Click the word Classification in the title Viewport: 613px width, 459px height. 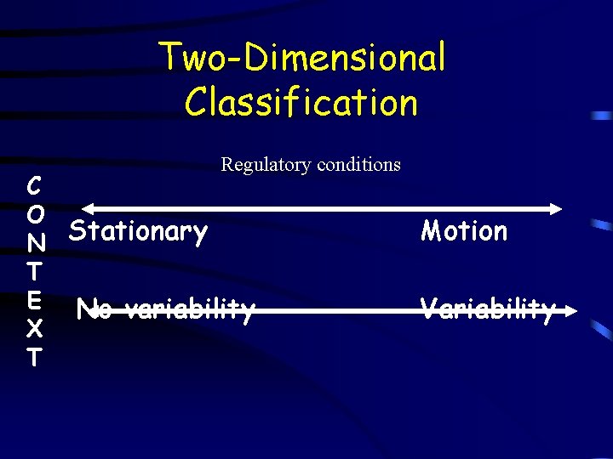click(301, 103)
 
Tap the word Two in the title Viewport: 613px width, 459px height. click(190, 58)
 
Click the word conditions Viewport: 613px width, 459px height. click(358, 164)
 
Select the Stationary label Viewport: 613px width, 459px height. click(138, 230)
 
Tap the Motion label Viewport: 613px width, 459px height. click(464, 230)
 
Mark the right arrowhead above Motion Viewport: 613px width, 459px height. click(556, 208)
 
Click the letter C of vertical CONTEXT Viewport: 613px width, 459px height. click(34, 184)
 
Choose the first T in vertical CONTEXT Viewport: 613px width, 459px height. click(34, 271)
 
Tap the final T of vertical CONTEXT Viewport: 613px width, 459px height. click(34, 357)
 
